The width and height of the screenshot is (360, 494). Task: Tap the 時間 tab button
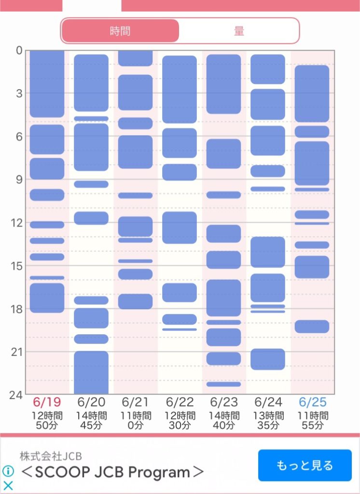120,31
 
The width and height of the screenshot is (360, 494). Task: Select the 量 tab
239,31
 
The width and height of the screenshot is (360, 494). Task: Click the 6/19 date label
47,402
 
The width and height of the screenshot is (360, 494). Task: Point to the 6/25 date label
312,402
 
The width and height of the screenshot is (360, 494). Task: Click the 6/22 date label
180,402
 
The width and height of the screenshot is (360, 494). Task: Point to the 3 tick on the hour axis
19,93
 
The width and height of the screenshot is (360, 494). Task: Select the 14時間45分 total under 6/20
91,421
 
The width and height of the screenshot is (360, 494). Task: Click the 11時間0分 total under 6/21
135,421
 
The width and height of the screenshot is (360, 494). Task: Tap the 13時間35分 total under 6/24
268,421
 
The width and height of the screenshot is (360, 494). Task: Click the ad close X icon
8,485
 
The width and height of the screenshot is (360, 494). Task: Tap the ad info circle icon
8,471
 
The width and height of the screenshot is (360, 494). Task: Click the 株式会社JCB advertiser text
51,456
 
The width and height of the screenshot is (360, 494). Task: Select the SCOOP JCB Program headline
112,472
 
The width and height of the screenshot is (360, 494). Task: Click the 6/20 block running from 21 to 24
91,372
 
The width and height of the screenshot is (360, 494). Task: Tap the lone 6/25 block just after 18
312,327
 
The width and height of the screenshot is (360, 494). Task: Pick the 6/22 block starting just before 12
180,228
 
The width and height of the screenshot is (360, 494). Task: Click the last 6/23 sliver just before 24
224,384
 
